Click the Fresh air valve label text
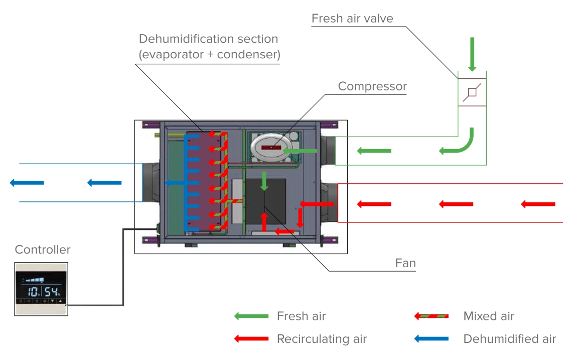pos(352,19)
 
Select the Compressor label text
pos(372,86)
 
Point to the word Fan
pos(405,263)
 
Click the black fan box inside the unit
pos(265,203)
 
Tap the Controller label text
pos(43,250)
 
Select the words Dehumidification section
pos(208,39)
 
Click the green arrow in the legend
pos(251,316)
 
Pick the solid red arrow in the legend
pos(251,339)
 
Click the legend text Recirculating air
pos(322,339)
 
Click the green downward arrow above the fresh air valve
pos(472,55)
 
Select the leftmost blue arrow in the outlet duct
pos(27,183)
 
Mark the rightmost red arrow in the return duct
pos(538,204)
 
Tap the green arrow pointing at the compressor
pos(300,151)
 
